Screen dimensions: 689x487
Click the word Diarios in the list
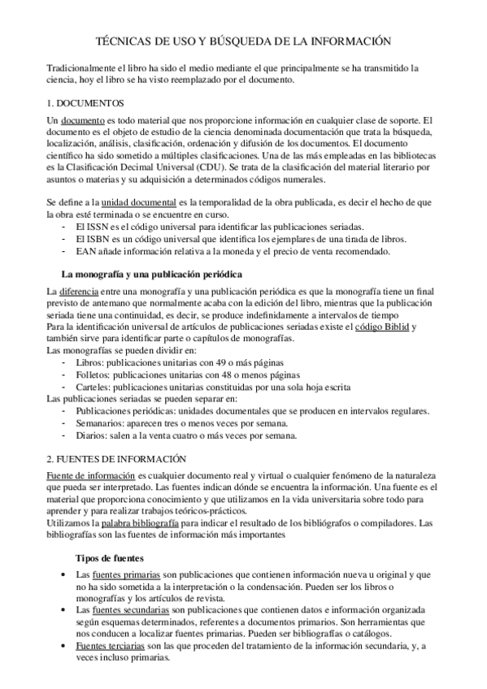point(89,435)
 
